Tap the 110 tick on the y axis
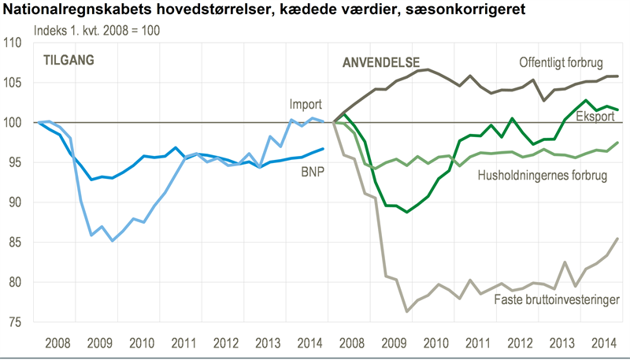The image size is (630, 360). click(x=16, y=43)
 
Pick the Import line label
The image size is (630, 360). click(x=306, y=105)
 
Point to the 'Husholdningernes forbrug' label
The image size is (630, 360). click(x=543, y=176)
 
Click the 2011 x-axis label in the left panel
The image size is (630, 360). click(x=182, y=342)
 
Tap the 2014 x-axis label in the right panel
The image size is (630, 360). click(x=602, y=342)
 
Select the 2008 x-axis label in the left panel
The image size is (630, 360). click(x=59, y=342)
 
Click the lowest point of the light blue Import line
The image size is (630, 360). click(x=114, y=241)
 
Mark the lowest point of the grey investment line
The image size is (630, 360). click(x=407, y=312)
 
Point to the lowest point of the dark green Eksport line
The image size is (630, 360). click(x=406, y=212)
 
